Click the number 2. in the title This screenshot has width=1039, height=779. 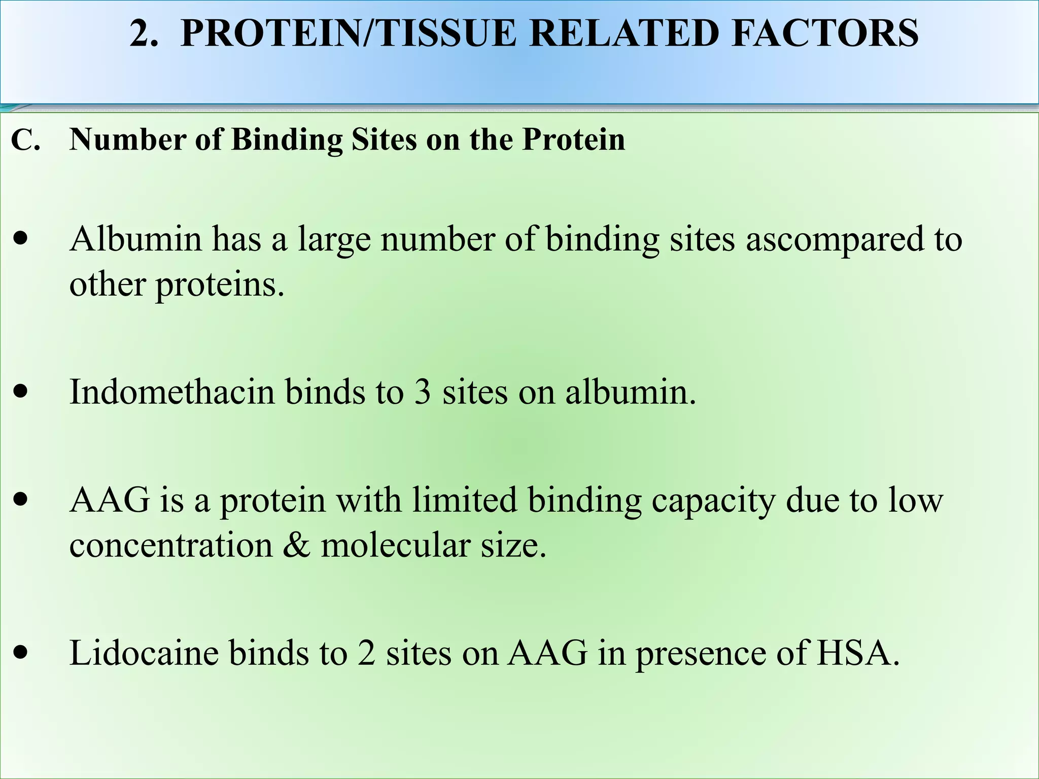click(144, 33)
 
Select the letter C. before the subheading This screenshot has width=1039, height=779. click(25, 140)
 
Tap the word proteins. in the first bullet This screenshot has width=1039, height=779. click(220, 285)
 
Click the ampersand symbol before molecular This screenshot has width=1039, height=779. click(296, 546)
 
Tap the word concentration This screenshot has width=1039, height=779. click(171, 546)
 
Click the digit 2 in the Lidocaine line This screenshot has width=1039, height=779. click(366, 653)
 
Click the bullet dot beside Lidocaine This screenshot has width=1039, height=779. click(21, 653)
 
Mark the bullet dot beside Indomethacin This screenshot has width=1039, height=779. click(21, 392)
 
